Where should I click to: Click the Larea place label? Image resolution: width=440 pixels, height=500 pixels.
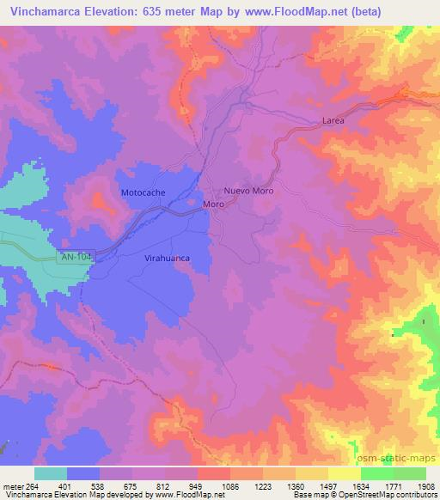click(x=333, y=121)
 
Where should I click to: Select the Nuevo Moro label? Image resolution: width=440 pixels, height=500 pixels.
click(x=248, y=191)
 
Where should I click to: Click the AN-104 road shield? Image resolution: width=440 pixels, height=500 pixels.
click(x=75, y=257)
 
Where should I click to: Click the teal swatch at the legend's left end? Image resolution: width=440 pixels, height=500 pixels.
click(x=50, y=473)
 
